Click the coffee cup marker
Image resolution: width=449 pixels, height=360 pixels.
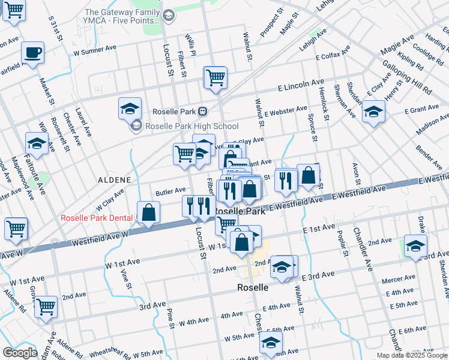click(x=33, y=52)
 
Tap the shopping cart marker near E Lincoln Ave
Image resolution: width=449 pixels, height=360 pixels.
click(x=215, y=77)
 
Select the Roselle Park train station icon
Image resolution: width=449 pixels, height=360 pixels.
click(x=203, y=111)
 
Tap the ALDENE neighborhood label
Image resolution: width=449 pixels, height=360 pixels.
click(x=114, y=179)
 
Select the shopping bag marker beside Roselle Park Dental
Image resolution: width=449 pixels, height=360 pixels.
click(x=148, y=212)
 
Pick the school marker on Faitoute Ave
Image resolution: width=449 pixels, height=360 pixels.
click(x=37, y=143)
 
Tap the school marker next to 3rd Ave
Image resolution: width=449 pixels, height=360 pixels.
click(x=415, y=245)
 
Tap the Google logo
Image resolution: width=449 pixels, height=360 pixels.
click(x=20, y=353)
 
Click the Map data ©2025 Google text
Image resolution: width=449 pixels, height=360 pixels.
click(x=411, y=355)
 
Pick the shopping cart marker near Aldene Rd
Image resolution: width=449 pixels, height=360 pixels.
click(x=46, y=307)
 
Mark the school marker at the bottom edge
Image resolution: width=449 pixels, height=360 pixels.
click(x=271, y=342)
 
